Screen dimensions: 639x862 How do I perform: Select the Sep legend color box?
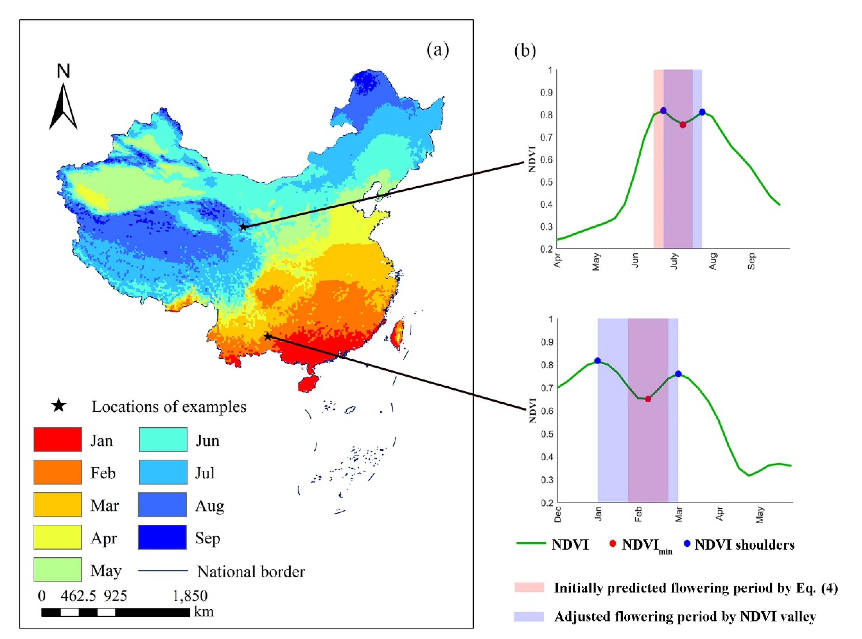(x=162, y=537)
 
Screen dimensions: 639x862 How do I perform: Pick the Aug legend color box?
(x=162, y=504)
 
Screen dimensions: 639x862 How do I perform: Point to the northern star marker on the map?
(x=243, y=227)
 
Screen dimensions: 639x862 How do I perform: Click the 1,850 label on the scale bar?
(x=190, y=596)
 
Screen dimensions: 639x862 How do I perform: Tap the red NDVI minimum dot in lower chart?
(x=648, y=399)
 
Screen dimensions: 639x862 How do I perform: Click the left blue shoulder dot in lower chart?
(x=598, y=360)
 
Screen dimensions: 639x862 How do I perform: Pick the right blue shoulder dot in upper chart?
(x=702, y=112)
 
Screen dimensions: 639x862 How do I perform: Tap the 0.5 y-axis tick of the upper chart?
(x=546, y=182)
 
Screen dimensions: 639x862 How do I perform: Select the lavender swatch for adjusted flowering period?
(x=529, y=616)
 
